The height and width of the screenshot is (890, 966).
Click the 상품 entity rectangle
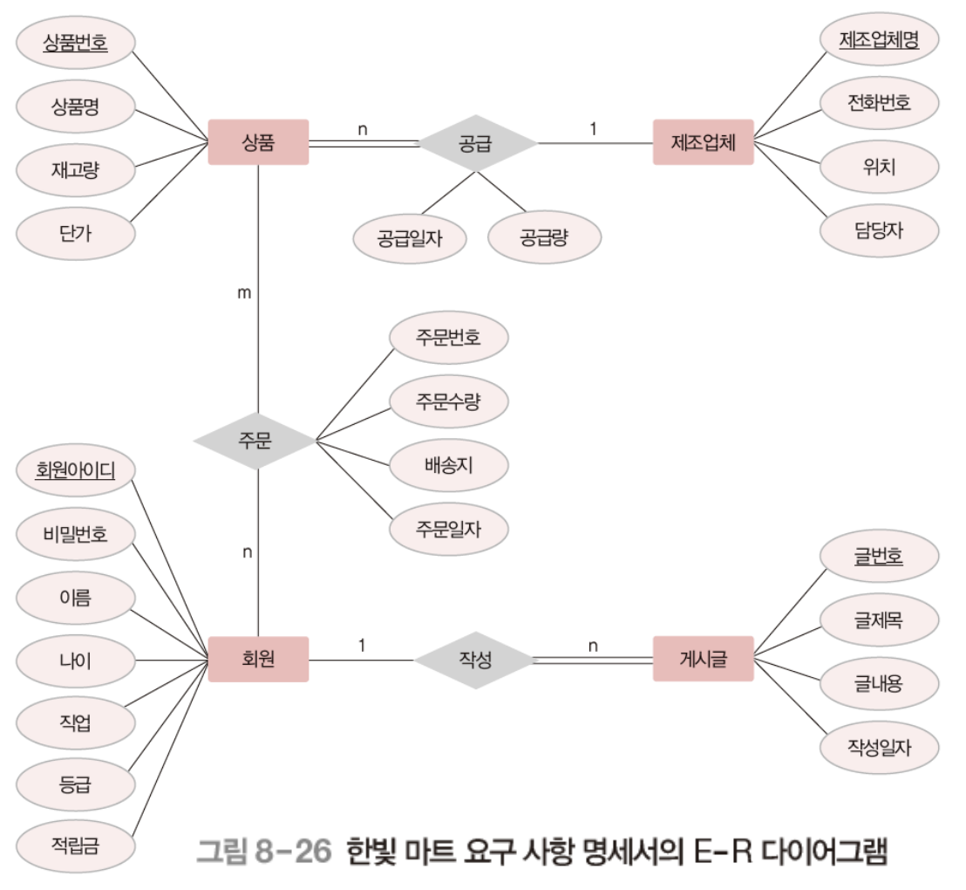click(259, 142)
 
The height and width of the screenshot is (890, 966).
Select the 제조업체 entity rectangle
click(703, 142)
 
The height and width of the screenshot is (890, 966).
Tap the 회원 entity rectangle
click(259, 660)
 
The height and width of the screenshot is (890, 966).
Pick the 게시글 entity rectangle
click(703, 660)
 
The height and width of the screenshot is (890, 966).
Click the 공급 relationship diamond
click(476, 142)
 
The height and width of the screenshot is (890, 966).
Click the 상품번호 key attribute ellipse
click(75, 41)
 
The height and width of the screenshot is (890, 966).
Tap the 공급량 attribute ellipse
click(545, 236)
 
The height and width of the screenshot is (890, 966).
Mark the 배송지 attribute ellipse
click(448, 465)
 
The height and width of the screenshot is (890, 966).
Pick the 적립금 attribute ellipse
click(75, 844)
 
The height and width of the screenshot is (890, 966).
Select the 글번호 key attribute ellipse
click(879, 556)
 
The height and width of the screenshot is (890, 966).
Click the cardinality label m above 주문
click(245, 293)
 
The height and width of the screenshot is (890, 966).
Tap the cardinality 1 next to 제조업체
click(594, 129)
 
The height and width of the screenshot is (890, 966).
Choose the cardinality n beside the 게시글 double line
click(593, 646)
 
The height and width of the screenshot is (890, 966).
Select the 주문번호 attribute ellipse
click(448, 338)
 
